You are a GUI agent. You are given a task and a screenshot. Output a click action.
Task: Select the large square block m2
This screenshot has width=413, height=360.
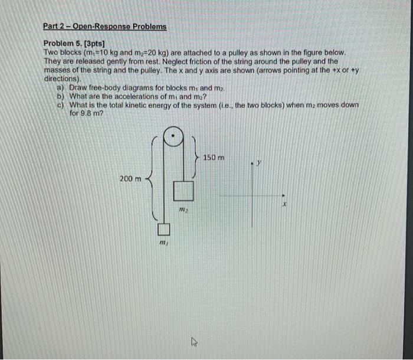(x=183, y=191)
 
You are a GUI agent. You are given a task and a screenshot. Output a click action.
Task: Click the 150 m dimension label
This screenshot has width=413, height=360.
(x=214, y=158)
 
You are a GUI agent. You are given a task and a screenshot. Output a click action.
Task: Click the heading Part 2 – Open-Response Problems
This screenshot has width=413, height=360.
(x=105, y=27)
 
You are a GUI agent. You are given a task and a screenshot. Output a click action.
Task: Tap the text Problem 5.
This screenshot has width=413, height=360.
(x=64, y=44)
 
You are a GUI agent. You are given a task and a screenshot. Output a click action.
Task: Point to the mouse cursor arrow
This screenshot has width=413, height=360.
(x=192, y=341)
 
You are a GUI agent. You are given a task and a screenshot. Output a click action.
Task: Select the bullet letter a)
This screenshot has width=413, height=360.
(x=60, y=87)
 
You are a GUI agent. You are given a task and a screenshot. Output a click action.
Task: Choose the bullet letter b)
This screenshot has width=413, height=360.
(x=60, y=96)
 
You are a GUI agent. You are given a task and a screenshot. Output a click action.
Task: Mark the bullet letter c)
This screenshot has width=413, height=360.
(x=60, y=104)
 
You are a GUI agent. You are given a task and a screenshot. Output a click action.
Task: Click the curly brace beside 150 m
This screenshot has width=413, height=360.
(x=196, y=158)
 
